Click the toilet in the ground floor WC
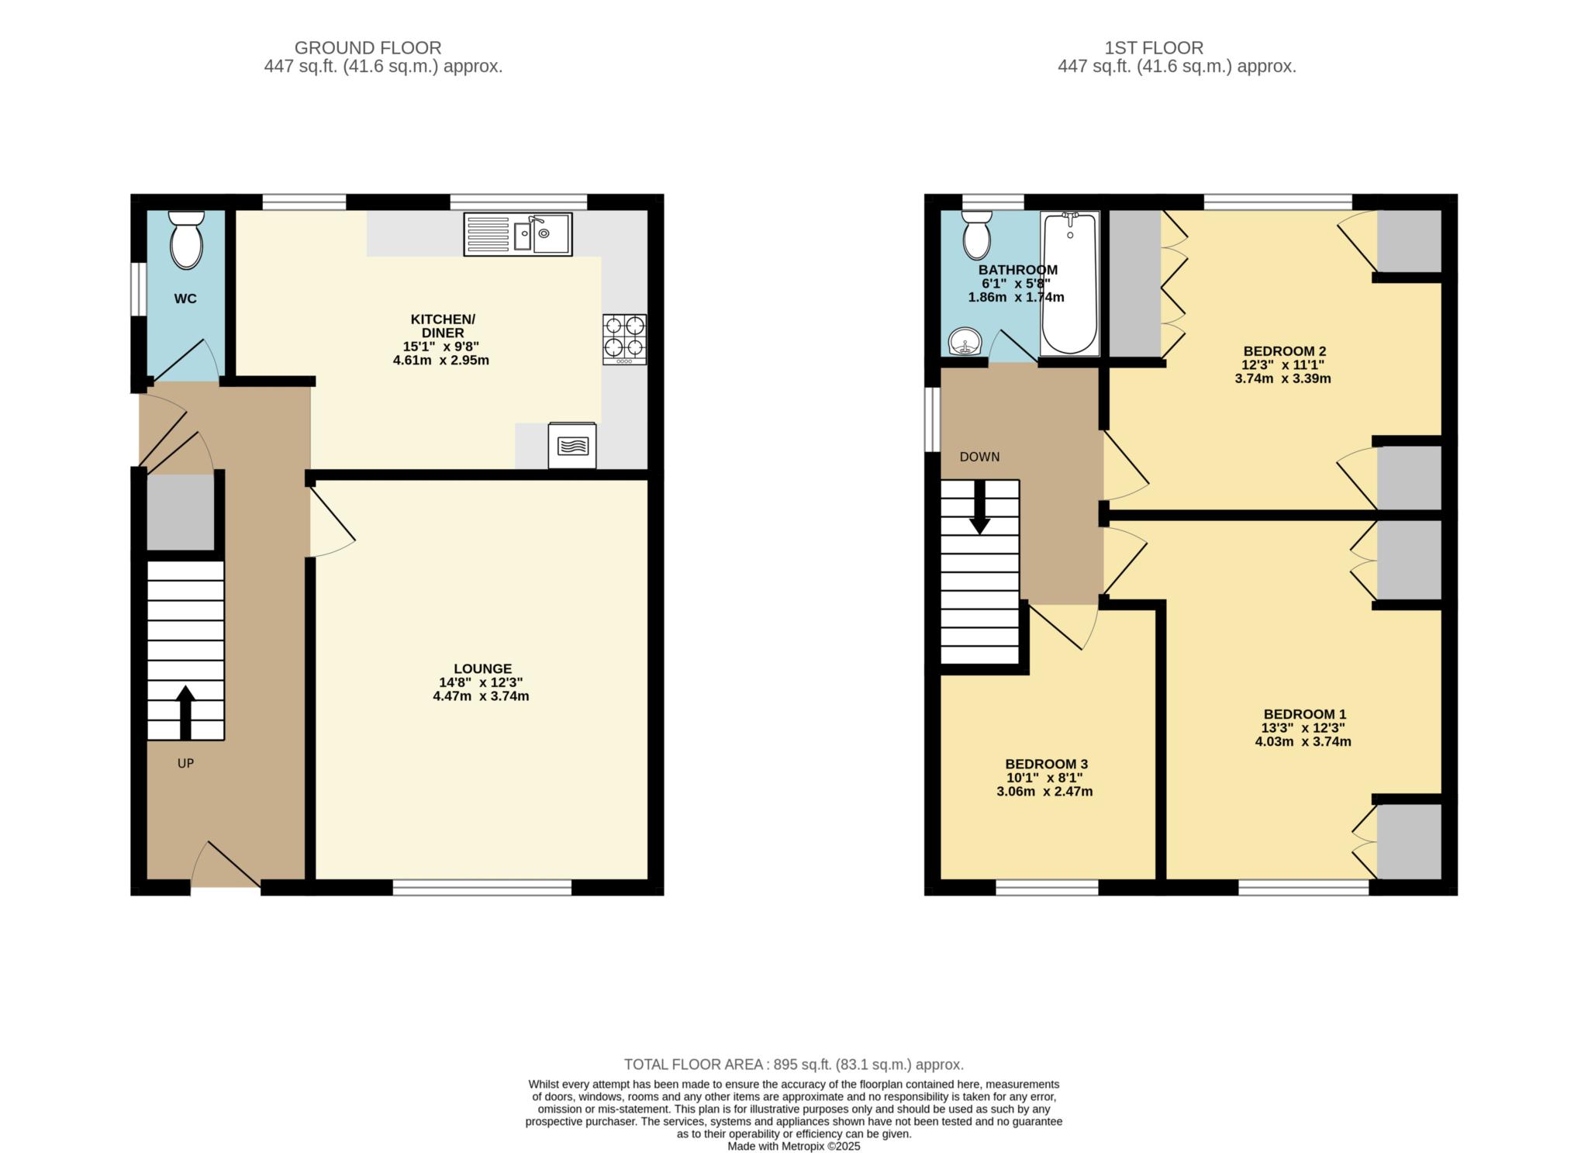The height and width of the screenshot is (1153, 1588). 186,240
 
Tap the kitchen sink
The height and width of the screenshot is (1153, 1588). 518,234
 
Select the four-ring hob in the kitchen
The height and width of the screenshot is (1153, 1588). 624,339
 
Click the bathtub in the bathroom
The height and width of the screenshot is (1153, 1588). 1070,284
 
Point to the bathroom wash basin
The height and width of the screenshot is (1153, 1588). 964,341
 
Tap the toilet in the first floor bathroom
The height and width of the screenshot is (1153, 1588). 977,234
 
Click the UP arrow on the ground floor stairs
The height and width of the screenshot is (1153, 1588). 185,713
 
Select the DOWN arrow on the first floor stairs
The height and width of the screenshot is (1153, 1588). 980,507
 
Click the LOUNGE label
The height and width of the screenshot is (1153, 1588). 482,668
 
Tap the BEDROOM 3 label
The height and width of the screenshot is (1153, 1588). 1046,764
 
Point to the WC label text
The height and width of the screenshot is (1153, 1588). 185,299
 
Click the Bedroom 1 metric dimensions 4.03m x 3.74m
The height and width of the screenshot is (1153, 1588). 1303,741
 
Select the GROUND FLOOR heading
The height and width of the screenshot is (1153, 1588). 368,48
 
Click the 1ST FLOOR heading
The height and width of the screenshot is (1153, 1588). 1154,48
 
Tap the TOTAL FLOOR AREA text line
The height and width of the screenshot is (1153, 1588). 794,1065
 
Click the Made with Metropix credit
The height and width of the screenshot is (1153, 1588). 794,1146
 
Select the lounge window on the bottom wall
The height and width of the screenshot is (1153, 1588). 482,888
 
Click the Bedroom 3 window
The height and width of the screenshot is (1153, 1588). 1047,888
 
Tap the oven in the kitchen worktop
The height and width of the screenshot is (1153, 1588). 572,446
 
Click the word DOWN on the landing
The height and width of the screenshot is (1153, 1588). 979,457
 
